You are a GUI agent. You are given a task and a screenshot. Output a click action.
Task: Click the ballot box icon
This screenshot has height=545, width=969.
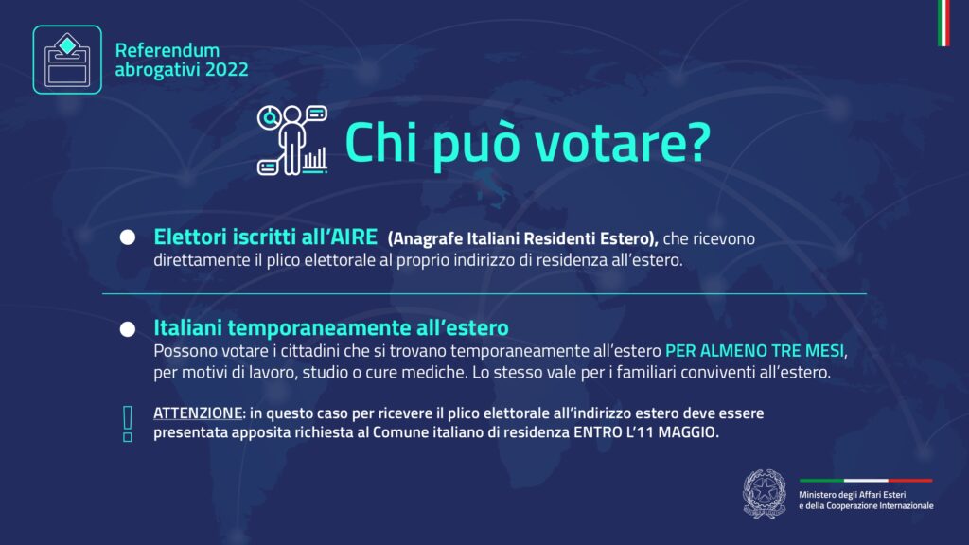(67, 60)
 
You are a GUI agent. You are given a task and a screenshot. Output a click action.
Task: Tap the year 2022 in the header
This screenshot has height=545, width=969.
(227, 70)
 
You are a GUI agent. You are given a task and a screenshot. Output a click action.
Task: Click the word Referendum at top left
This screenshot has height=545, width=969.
(167, 50)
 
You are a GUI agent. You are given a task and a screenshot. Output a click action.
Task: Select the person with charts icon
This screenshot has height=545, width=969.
(292, 140)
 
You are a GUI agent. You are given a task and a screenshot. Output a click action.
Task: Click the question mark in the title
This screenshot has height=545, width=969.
(698, 143)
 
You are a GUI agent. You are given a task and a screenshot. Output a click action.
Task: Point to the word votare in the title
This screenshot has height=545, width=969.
(607, 144)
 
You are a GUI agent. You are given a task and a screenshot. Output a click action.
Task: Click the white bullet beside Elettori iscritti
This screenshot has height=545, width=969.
(128, 237)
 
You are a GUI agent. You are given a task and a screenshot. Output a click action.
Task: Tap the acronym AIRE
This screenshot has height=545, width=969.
(354, 237)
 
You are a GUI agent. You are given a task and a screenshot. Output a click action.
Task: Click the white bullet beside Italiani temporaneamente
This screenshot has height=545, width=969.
(128, 329)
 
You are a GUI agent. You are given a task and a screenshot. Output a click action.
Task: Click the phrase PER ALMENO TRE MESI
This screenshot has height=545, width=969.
(754, 351)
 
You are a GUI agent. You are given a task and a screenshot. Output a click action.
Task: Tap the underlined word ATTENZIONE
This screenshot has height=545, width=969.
(198, 413)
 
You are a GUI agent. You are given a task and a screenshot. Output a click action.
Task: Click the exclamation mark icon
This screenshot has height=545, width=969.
(128, 424)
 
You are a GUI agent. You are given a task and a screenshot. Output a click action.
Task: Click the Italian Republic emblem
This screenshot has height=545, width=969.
(765, 493)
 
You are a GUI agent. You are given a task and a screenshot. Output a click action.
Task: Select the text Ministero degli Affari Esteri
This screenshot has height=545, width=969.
(853, 494)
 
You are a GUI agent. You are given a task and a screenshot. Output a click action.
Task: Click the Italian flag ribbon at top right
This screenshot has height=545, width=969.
(943, 23)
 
